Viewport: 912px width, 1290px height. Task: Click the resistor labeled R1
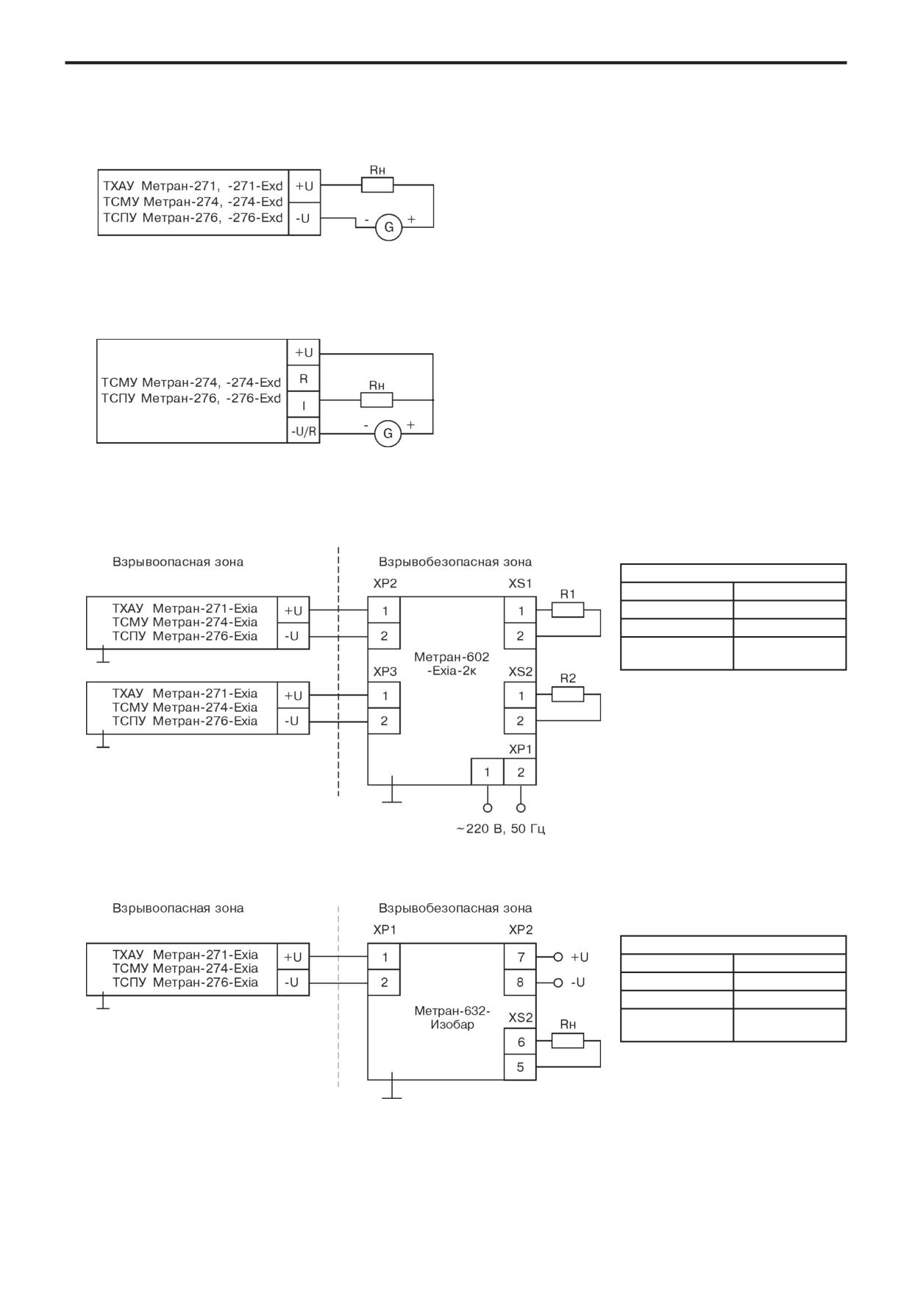pos(568,610)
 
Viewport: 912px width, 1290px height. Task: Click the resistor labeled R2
pos(568,694)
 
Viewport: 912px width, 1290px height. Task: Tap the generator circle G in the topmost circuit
pos(388,227)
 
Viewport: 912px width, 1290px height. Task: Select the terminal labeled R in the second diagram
pos(303,379)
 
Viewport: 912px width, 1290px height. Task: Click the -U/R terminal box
pos(303,431)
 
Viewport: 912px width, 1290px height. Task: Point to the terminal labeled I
pos(303,405)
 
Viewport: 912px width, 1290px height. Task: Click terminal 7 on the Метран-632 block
pos(520,957)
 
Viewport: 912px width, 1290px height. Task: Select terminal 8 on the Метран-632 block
pos(520,982)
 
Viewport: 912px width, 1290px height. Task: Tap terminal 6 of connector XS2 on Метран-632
pos(520,1041)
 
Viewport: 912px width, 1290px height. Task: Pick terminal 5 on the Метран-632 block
pos(520,1066)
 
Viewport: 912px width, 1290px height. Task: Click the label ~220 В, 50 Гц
pos(500,829)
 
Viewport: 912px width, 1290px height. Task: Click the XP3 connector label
pos(385,671)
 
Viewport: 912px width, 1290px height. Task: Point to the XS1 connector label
pos(520,583)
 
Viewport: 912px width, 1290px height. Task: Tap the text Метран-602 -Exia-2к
pos(452,664)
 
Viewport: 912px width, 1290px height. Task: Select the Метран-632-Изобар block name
pos(452,1018)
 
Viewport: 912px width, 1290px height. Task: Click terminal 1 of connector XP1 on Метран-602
pos(487,772)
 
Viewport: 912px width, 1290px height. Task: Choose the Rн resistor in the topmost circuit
pos(377,185)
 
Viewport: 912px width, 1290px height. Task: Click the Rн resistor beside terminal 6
pos(568,1041)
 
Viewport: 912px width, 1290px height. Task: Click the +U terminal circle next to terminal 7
pos(557,957)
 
